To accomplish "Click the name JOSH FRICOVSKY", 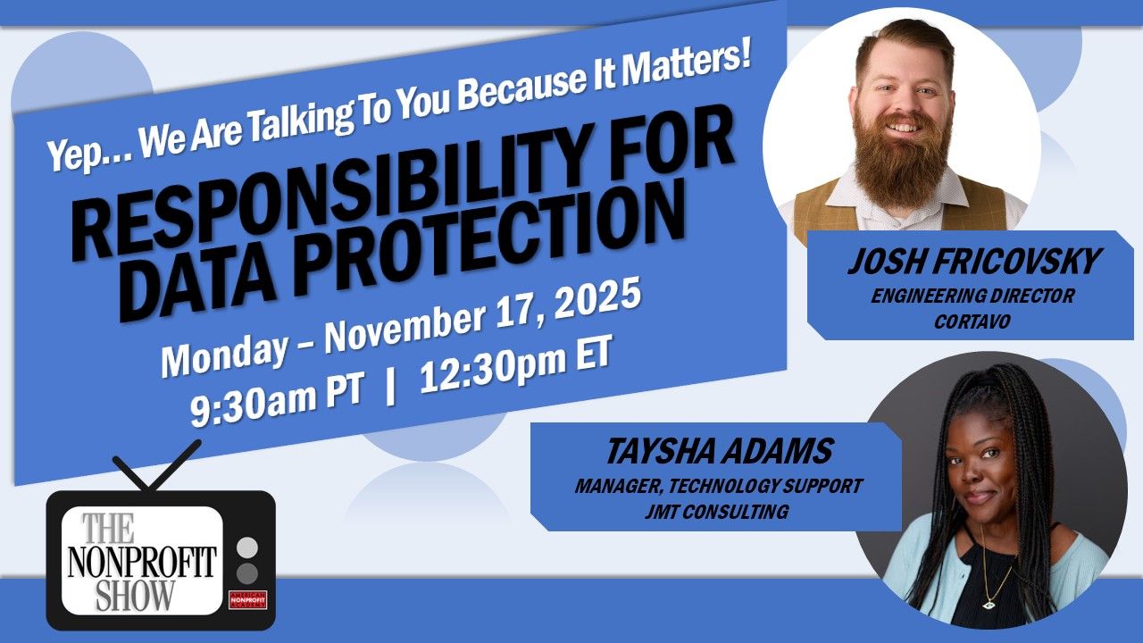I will tap(972, 263).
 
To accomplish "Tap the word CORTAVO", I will tap(972, 321).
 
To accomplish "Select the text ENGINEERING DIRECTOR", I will tap(972, 296).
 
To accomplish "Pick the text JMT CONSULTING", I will tap(718, 512).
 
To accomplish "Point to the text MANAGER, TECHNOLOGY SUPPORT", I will tap(718, 487).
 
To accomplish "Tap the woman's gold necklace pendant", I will tap(988, 603).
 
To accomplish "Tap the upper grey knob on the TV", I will tap(248, 546).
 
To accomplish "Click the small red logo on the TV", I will tap(248, 599).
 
